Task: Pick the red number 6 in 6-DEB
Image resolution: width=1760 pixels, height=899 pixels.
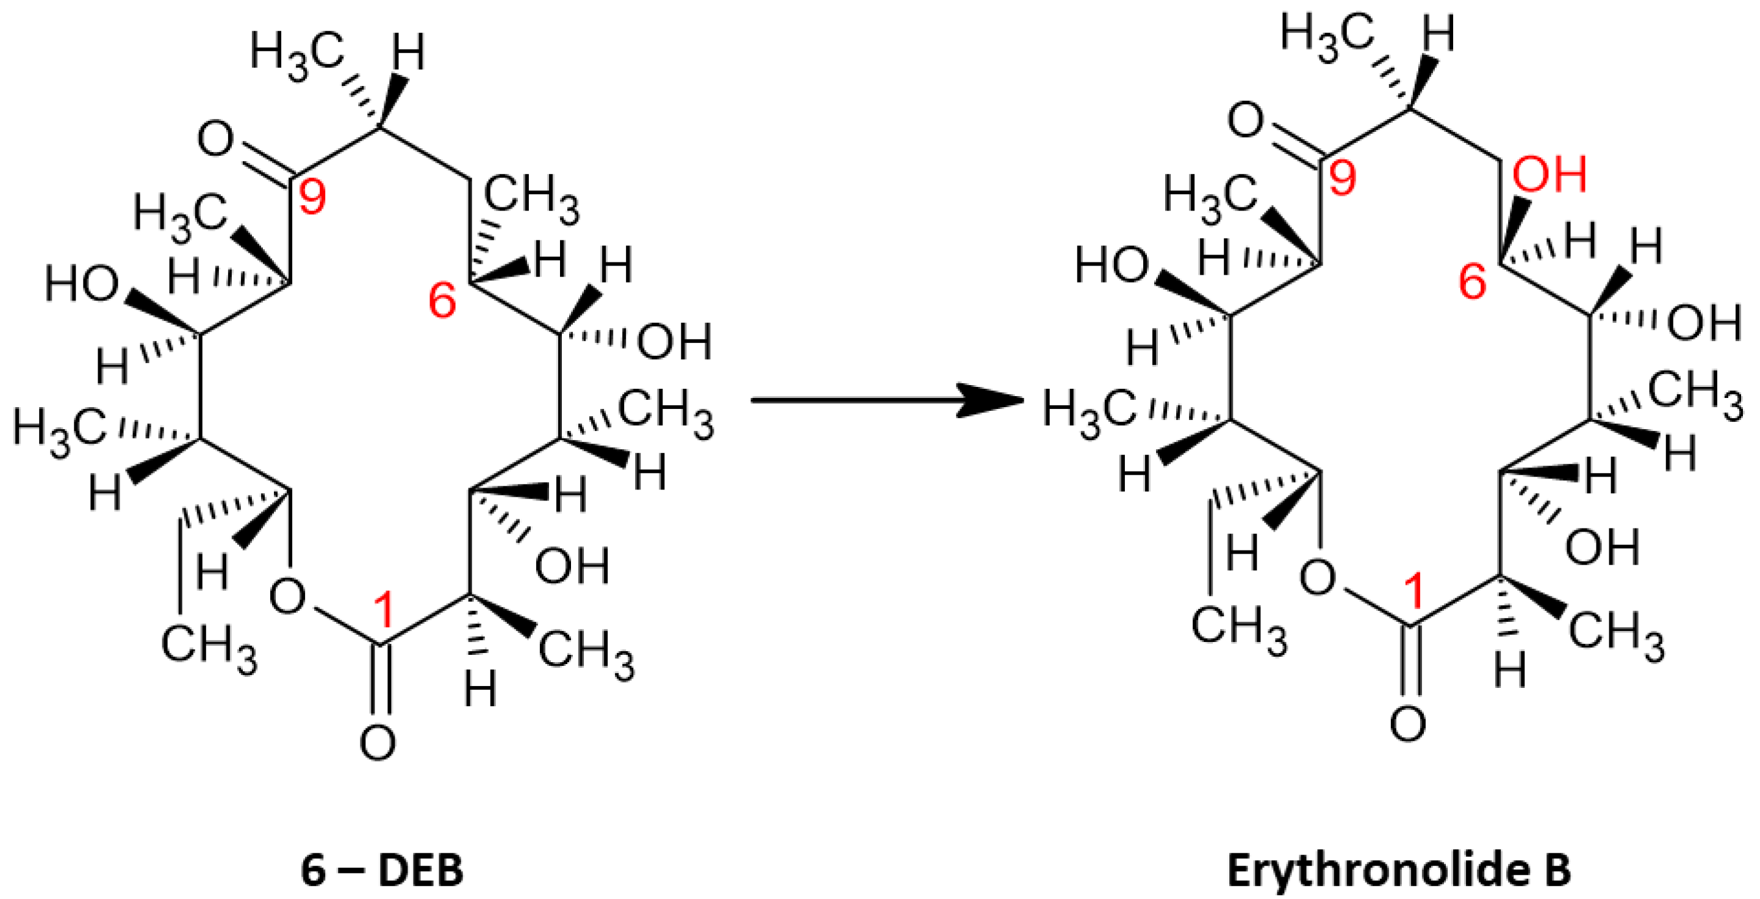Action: (x=442, y=301)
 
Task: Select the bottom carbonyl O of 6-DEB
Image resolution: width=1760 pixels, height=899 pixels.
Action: (x=378, y=743)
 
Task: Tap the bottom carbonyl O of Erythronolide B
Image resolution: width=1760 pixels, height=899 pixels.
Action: (x=1408, y=724)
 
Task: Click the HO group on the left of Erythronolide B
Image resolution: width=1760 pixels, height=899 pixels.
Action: (x=1112, y=265)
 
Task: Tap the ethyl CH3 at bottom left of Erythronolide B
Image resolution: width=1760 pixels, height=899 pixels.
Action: (x=1238, y=629)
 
